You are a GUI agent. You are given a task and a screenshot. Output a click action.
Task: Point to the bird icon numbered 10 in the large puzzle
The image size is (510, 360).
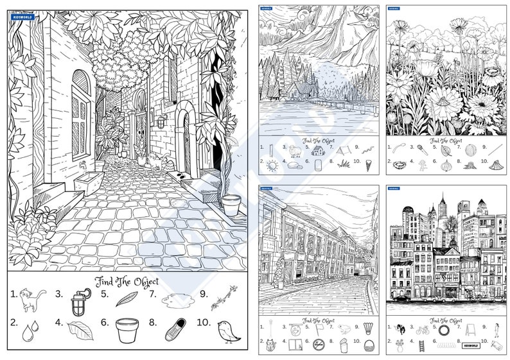point(227,330)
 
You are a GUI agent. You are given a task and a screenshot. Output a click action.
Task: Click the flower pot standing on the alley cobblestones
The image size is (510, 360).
point(231,205)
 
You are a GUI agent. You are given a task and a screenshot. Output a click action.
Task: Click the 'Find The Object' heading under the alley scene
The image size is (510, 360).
point(127,281)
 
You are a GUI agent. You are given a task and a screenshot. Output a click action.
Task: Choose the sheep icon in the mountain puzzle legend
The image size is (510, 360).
point(295,151)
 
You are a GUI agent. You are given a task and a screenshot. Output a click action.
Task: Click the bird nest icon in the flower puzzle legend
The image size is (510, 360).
point(400,165)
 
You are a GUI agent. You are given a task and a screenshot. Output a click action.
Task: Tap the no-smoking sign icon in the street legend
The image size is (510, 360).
point(319,345)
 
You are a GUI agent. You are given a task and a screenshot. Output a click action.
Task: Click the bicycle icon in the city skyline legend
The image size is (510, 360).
point(422,330)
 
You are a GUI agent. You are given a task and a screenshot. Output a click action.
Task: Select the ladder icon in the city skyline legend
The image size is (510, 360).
point(422,346)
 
